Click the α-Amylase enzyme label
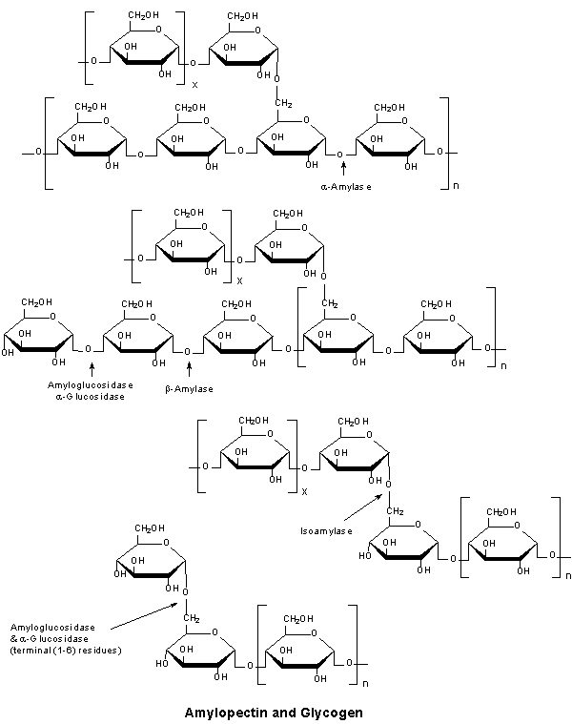(x=346, y=187)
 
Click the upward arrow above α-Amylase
(x=343, y=169)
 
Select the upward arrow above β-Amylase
(x=190, y=369)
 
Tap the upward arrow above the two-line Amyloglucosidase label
(x=92, y=369)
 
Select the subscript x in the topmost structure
(x=194, y=85)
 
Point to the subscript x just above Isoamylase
(x=303, y=492)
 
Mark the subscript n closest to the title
(x=363, y=685)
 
